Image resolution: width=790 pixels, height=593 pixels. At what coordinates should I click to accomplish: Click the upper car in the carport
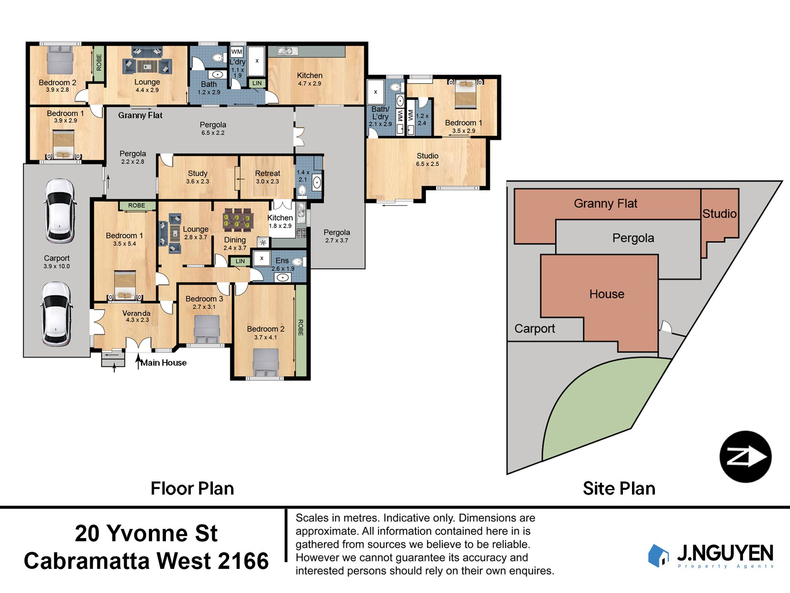coord(60,211)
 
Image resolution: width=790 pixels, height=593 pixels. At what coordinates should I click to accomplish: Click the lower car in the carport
coord(57,314)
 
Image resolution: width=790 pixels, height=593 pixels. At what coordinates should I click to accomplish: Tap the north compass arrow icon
coord(746,457)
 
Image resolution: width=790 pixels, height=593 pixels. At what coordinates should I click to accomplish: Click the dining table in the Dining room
coord(238,219)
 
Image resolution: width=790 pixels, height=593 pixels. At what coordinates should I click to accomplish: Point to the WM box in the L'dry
coord(237,52)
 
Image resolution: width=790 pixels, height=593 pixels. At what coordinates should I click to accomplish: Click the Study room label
coord(197,173)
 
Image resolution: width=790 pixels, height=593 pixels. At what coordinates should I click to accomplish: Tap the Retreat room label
coord(267,173)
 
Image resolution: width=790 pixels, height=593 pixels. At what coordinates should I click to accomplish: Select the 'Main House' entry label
coord(163,363)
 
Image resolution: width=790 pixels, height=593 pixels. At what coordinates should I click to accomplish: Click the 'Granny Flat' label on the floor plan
coord(140,115)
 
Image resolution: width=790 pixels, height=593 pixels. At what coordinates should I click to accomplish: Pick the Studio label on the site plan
coord(719,213)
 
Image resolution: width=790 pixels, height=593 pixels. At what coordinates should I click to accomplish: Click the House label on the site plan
coord(607,294)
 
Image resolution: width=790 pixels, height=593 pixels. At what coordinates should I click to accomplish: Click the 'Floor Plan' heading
coord(192,489)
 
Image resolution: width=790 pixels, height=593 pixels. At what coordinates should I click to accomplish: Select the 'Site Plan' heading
coord(619,489)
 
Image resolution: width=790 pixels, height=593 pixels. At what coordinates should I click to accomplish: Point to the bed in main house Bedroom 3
coord(207,329)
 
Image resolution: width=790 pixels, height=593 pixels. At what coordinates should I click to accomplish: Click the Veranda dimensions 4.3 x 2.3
coord(137,320)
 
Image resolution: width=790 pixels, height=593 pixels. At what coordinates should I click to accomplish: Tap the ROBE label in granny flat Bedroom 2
coord(99,63)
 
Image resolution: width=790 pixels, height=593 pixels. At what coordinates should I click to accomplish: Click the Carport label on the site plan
coord(535,329)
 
